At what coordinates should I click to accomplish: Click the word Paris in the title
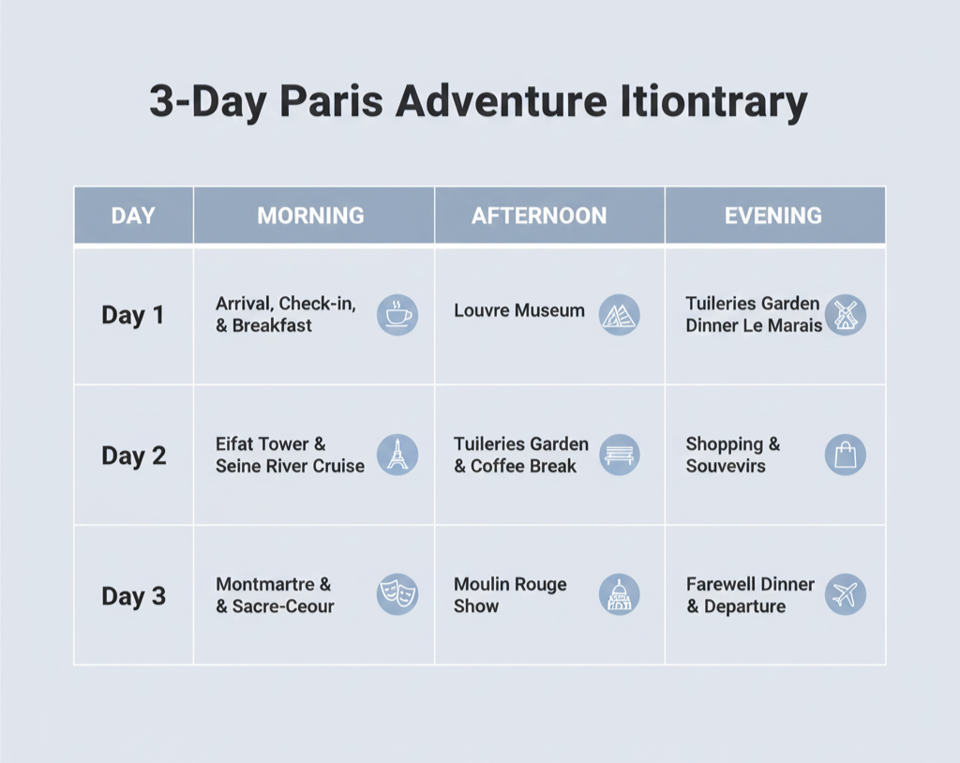click(x=331, y=101)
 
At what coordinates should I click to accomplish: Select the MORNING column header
click(x=310, y=216)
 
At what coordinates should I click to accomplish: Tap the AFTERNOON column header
click(x=539, y=216)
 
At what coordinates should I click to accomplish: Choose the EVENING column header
click(x=773, y=216)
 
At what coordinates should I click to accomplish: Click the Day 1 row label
click(x=133, y=315)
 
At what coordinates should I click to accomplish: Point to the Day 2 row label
click(x=133, y=456)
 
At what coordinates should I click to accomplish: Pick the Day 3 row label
click(x=133, y=596)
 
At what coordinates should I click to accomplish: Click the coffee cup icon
click(x=397, y=315)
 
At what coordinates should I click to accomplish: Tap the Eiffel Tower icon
click(x=397, y=455)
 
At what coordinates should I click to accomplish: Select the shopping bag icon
click(x=845, y=455)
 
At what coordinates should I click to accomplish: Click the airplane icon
click(x=845, y=594)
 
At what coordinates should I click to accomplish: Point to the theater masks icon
click(x=397, y=594)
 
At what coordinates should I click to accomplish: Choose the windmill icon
click(x=845, y=315)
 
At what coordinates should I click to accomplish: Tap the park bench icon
click(x=619, y=455)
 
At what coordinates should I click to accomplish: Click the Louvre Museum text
click(x=519, y=310)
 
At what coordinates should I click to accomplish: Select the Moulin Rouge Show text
click(x=510, y=595)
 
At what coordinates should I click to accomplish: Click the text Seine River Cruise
click(x=290, y=466)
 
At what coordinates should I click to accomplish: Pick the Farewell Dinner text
click(x=750, y=584)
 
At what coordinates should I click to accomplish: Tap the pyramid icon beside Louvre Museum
click(x=619, y=315)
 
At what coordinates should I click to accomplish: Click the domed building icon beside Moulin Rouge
click(x=619, y=594)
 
